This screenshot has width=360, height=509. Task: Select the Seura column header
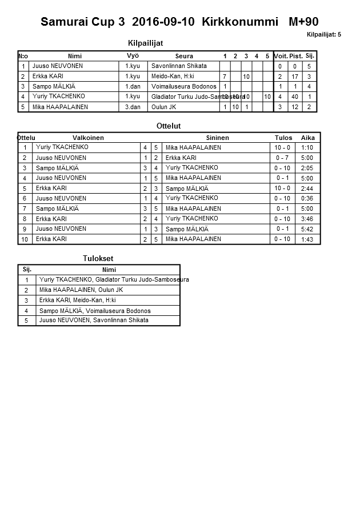(183, 56)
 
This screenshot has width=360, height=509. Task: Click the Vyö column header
(132, 56)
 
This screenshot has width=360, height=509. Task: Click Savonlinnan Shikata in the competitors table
(179, 66)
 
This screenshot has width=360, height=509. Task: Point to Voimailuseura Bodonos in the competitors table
(183, 86)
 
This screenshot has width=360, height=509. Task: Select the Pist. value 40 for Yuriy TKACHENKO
(295, 97)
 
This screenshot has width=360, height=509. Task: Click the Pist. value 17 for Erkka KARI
(295, 77)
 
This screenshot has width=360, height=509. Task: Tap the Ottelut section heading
(168, 126)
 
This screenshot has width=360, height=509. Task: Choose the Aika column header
(307, 138)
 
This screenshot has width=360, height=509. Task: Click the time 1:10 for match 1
(307, 147)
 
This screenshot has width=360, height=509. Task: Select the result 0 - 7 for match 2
(282, 158)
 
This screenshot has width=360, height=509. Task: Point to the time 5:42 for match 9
(307, 229)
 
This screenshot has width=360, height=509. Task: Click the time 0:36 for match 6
(307, 198)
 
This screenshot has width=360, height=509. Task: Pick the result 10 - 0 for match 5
(282, 188)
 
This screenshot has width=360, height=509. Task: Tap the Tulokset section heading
(98, 259)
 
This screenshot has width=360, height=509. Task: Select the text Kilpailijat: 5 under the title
(324, 35)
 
